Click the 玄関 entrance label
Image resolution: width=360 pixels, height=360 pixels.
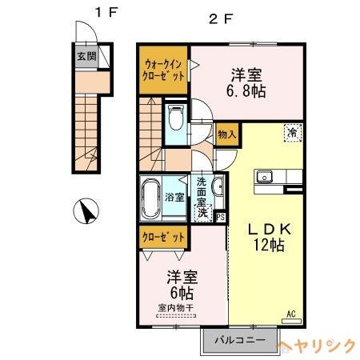[86, 56]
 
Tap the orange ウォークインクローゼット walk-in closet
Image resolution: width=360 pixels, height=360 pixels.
[165, 68]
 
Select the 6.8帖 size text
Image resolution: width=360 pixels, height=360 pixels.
[249, 91]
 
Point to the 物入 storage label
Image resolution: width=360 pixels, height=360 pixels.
[226, 134]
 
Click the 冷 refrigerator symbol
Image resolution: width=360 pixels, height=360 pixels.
[293, 134]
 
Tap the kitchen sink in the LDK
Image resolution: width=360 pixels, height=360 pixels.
[265, 177]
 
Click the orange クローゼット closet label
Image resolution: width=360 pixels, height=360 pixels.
[164, 237]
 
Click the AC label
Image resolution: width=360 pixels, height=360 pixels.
[291, 313]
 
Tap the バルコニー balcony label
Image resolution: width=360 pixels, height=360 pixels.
[238, 340]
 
